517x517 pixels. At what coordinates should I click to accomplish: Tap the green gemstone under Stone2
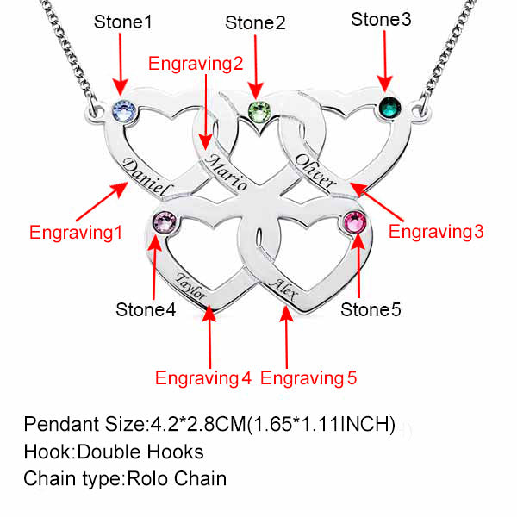(257, 111)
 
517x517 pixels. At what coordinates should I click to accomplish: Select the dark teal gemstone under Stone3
(389, 109)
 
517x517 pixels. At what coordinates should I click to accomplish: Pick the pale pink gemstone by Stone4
(164, 223)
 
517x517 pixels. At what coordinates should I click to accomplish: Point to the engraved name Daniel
(148, 178)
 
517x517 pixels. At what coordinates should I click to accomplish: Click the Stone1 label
(123, 21)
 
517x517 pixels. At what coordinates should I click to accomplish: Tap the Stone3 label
(382, 19)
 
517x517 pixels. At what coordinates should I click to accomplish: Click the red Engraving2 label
(196, 63)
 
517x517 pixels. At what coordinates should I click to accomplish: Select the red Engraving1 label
(76, 232)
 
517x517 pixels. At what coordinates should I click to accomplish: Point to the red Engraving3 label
(437, 231)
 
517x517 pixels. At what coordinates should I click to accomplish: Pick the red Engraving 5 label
(308, 377)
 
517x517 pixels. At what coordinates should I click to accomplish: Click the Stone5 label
(371, 308)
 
